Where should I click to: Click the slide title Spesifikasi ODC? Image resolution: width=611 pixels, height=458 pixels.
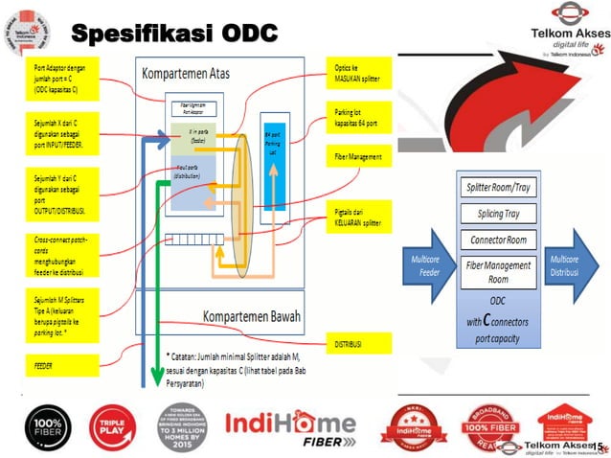tap(175, 34)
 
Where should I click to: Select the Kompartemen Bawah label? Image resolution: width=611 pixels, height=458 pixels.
tap(249, 316)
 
